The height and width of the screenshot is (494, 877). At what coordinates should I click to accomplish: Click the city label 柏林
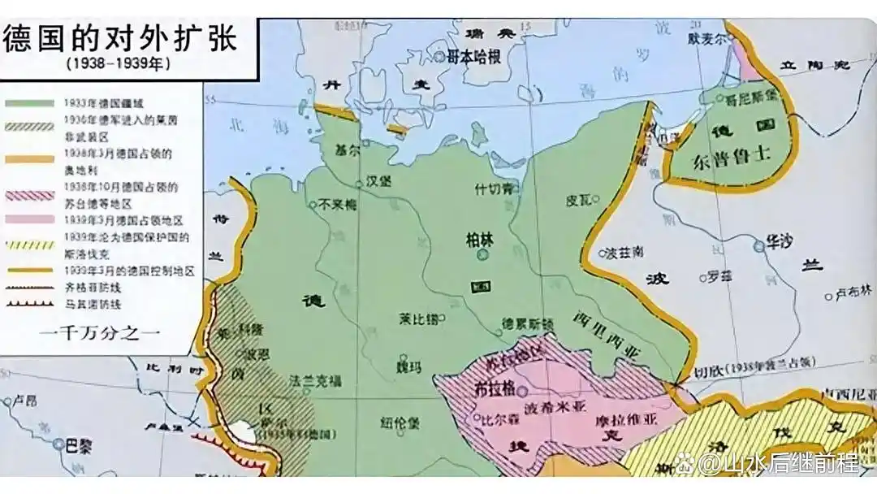pos(478,240)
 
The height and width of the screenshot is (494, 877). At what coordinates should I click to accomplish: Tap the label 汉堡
pos(379,180)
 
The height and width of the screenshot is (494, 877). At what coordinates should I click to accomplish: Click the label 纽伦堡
pos(400,422)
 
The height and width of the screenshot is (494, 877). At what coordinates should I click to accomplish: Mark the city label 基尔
pos(346,151)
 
